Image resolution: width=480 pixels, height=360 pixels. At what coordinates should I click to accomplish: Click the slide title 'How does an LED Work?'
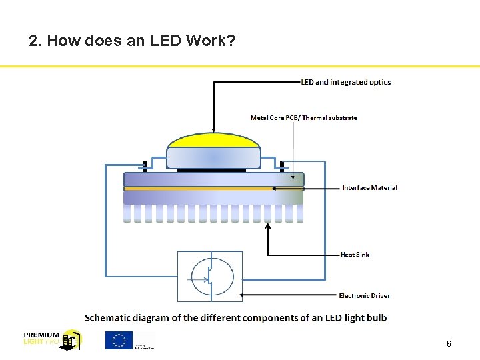[x=132, y=41]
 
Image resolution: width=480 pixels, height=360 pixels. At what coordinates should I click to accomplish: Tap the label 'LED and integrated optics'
[x=346, y=82]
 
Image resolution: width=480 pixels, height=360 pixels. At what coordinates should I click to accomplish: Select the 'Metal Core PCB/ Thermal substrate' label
[x=303, y=118]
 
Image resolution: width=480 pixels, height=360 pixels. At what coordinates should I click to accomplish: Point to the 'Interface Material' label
[x=369, y=188]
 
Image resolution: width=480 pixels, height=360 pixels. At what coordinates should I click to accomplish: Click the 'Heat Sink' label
[x=355, y=255]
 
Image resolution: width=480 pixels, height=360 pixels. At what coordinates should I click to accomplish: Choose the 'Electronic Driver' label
[x=364, y=295]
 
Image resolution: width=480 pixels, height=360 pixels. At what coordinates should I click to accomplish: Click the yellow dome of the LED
[x=213, y=141]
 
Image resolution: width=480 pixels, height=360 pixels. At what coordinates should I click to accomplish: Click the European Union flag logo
[x=119, y=340]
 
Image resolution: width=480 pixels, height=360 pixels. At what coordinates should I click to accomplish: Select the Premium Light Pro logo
[x=52, y=339]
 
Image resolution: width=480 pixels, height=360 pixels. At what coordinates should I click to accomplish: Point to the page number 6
[x=449, y=344]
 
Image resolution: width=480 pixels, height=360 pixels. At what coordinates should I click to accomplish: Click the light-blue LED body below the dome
[x=213, y=158]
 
